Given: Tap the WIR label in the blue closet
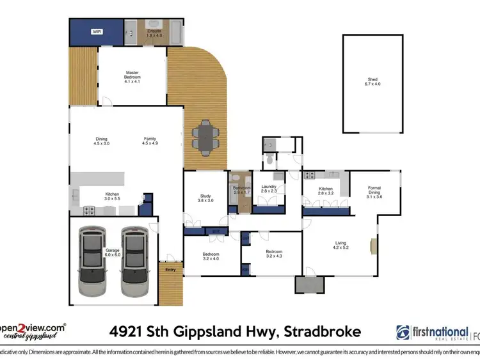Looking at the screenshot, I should (x=97, y=31).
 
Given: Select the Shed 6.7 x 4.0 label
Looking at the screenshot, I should (x=372, y=82).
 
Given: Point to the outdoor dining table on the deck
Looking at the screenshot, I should (x=206, y=137).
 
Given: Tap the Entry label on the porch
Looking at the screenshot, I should (x=170, y=270).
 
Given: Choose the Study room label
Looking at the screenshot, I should (x=205, y=199).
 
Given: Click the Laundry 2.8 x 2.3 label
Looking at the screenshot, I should (x=269, y=189).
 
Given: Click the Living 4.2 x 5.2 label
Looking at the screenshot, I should (x=340, y=245).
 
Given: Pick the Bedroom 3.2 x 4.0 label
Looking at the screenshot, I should (x=211, y=256).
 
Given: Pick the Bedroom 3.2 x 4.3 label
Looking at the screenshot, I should (x=274, y=254).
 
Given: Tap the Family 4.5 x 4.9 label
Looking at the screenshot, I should (x=150, y=141).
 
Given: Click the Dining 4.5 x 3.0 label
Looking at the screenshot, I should (x=102, y=141).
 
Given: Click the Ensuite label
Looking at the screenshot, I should (x=154, y=32).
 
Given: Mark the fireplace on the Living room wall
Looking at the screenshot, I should (x=373, y=246).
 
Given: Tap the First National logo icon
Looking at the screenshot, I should (x=404, y=333).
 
